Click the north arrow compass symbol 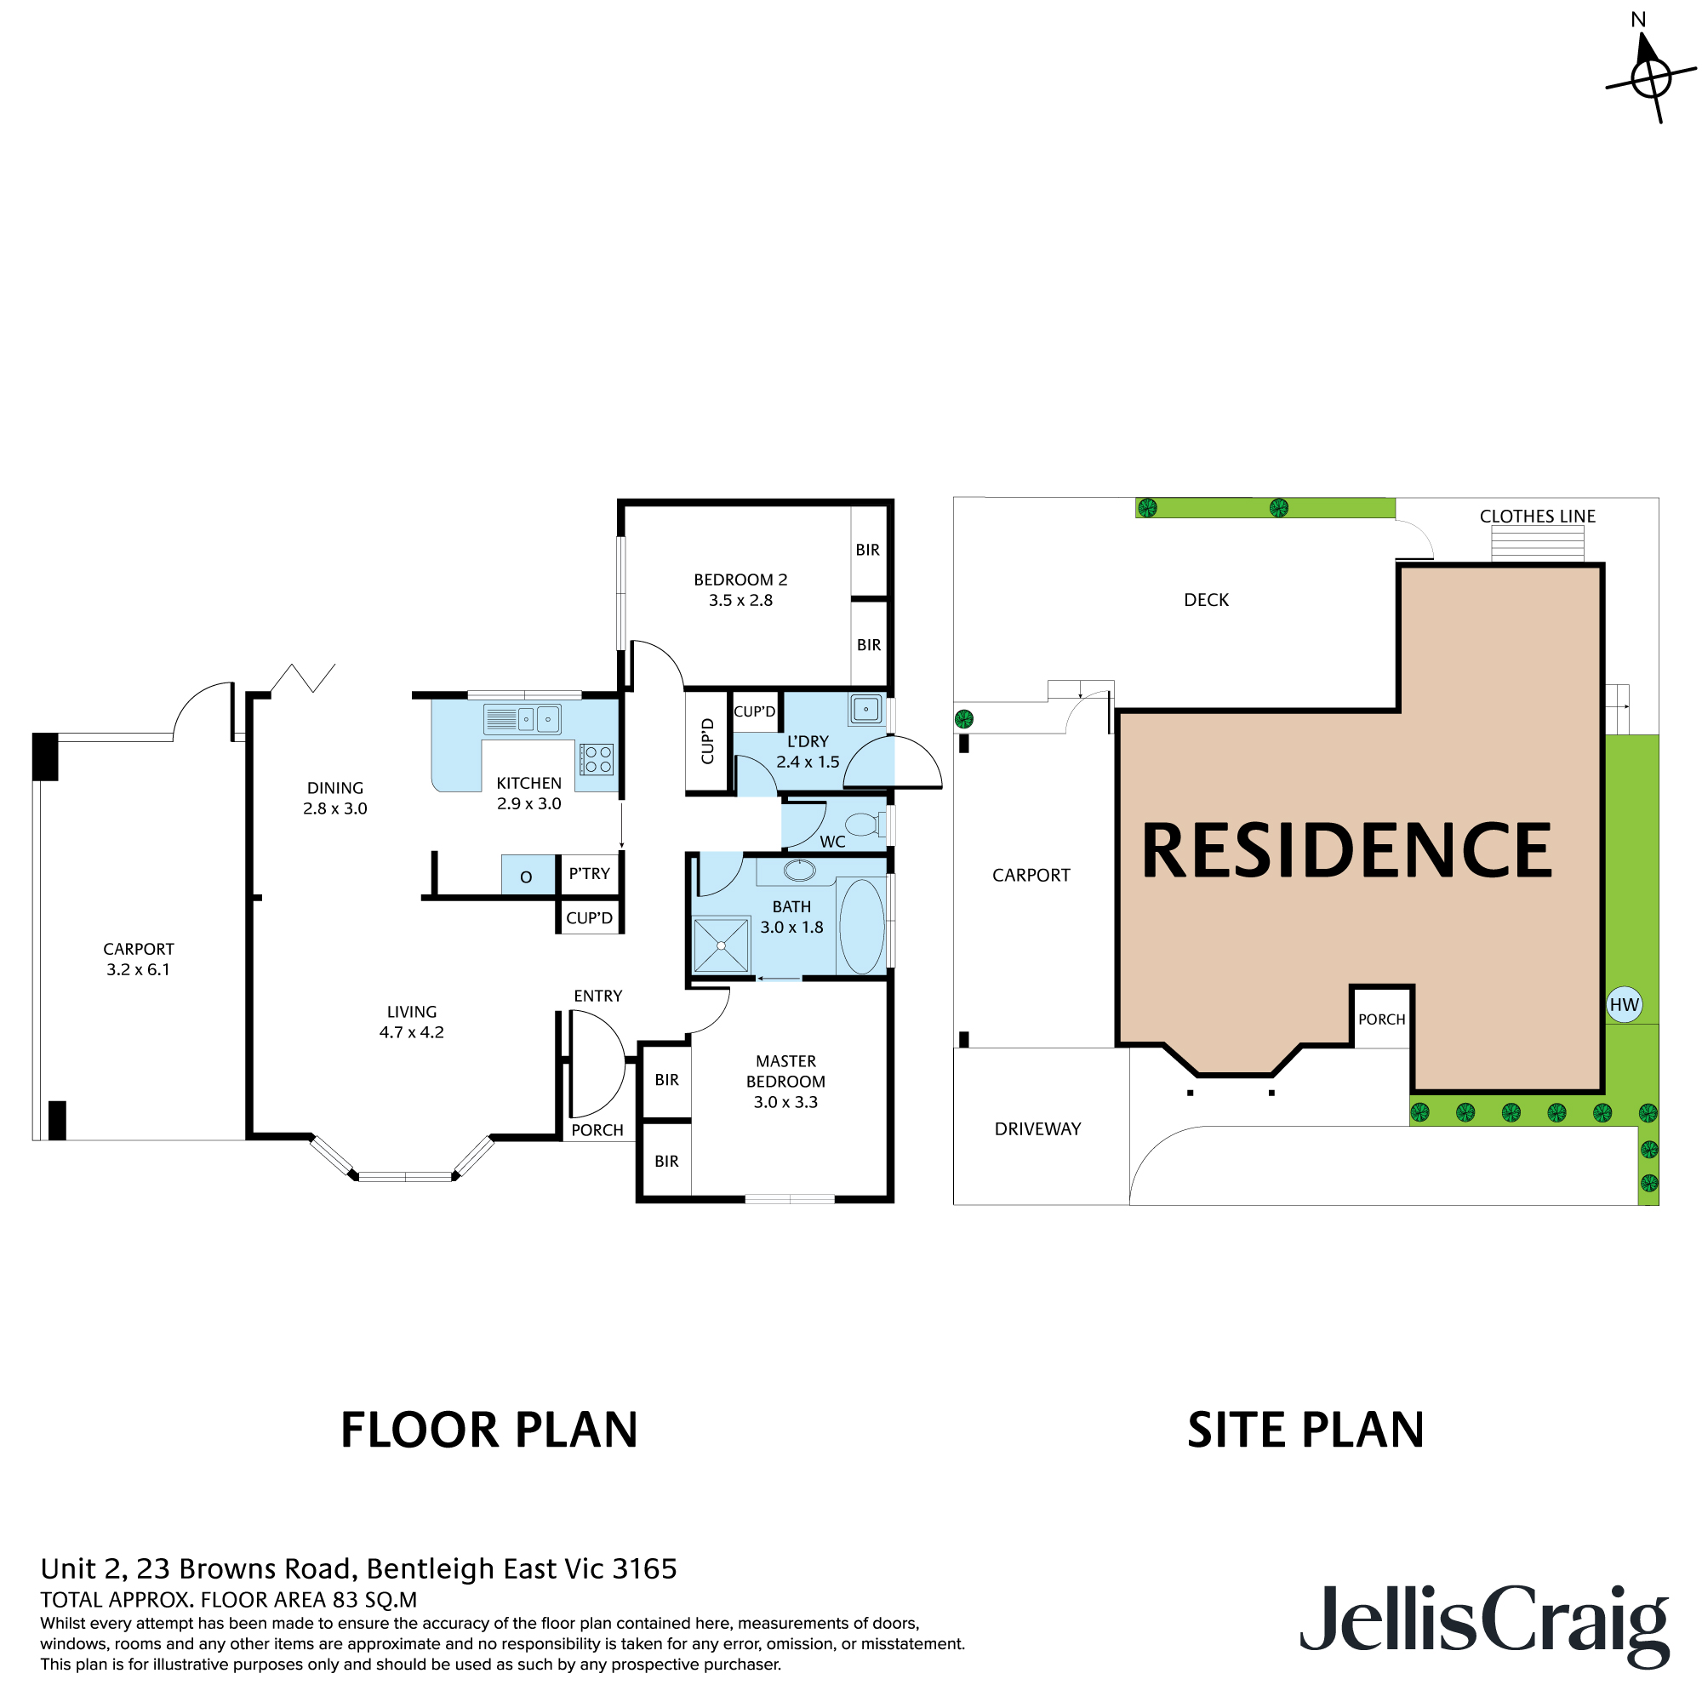[1649, 78]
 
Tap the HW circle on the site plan [1624, 1004]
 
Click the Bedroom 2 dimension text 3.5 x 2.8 [740, 600]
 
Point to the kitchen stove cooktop [597, 759]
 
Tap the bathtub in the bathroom [860, 926]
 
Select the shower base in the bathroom [721, 945]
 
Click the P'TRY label [589, 874]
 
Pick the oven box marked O [527, 876]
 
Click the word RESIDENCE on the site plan [1345, 851]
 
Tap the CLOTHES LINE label [1537, 517]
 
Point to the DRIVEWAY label [1037, 1128]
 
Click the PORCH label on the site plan [1380, 1019]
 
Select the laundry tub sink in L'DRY [865, 709]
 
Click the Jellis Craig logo [1483, 1623]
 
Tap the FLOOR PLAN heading [489, 1431]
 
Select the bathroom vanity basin [799, 871]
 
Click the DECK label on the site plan [1205, 600]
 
